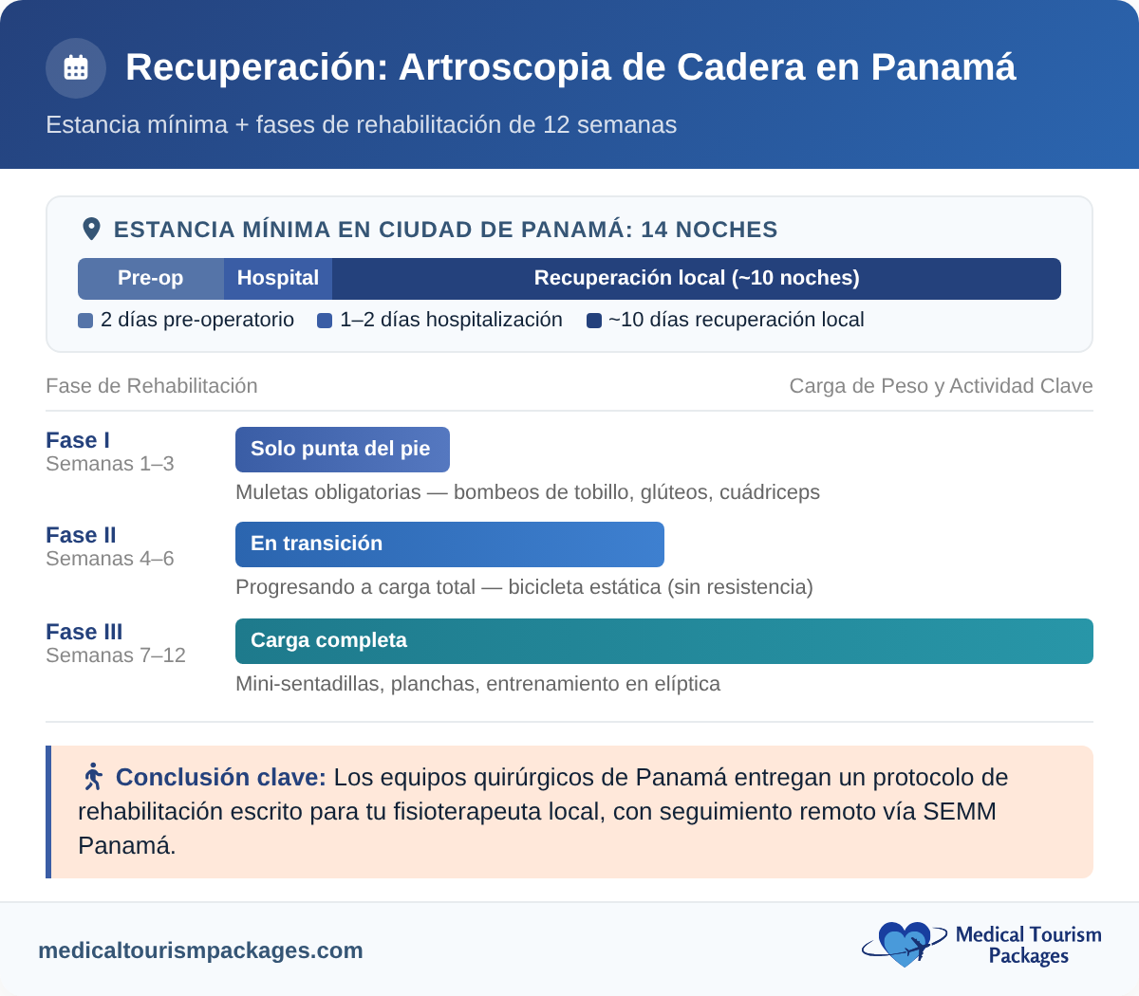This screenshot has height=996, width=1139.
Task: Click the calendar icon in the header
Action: click(x=76, y=68)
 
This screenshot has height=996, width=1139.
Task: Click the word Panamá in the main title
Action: click(x=943, y=67)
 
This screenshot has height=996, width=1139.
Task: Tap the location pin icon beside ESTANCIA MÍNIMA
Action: click(x=91, y=229)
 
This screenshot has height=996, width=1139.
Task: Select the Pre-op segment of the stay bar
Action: click(x=151, y=278)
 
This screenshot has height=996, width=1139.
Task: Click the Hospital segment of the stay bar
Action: click(x=278, y=278)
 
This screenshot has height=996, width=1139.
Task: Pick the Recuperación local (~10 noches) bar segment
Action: click(x=696, y=278)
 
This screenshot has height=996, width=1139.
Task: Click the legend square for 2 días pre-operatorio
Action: click(x=85, y=321)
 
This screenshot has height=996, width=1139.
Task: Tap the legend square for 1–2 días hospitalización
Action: click(x=325, y=321)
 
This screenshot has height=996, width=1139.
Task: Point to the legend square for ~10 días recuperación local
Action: click(x=594, y=321)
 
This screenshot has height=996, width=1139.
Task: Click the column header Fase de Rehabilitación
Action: click(x=152, y=386)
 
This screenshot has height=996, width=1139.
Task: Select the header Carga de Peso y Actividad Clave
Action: click(x=941, y=386)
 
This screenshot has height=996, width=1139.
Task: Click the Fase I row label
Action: click(x=78, y=440)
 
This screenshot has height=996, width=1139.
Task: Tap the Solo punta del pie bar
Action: click(x=342, y=450)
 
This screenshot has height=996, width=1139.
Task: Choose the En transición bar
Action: click(x=449, y=544)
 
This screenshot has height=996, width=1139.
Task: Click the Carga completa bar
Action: click(x=663, y=641)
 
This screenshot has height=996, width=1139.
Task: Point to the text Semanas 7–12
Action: click(x=116, y=655)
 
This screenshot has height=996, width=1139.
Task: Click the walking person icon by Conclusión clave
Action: click(x=93, y=777)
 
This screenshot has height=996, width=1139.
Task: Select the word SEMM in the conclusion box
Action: click(x=960, y=812)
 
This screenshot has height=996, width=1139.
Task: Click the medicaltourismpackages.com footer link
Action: click(x=200, y=950)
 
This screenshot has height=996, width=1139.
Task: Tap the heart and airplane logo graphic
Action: click(x=904, y=944)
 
